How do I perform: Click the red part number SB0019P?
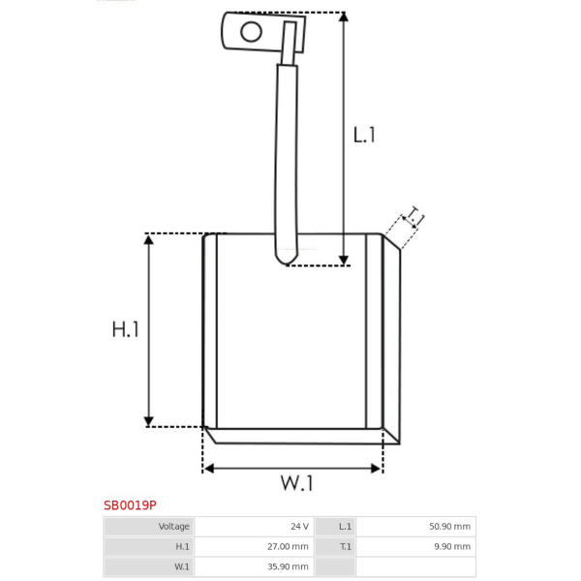point(130,505)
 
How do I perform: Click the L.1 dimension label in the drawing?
point(364,135)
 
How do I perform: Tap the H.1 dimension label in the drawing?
point(126,329)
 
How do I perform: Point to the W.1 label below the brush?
point(297,483)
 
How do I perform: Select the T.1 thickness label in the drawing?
point(414,216)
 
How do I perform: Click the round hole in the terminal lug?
point(251,32)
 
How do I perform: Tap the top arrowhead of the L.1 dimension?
point(344,16)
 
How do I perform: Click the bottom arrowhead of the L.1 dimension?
point(344,260)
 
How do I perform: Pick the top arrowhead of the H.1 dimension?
point(148,239)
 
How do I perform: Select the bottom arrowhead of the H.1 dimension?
point(148,421)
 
